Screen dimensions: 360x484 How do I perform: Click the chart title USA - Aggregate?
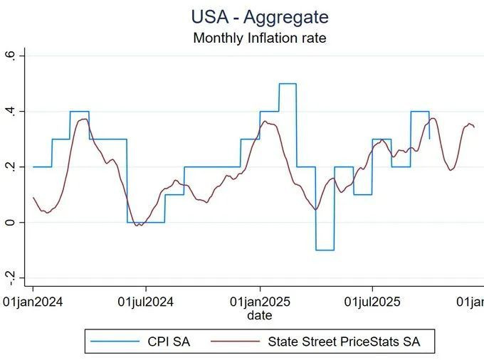click(x=260, y=16)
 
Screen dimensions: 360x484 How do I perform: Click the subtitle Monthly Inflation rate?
click(x=260, y=38)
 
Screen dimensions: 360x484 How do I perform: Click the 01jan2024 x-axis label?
click(x=33, y=302)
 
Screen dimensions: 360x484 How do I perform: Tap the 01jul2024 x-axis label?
click(x=146, y=302)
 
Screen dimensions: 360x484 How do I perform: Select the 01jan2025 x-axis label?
click(x=259, y=302)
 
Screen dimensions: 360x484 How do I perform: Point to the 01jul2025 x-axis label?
click(x=372, y=302)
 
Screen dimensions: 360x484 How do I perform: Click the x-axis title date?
click(x=259, y=314)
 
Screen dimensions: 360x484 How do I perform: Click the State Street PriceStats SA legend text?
click(x=344, y=342)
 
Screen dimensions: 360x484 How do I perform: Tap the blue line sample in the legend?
click(x=115, y=342)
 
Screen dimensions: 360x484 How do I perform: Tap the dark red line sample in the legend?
click(x=236, y=342)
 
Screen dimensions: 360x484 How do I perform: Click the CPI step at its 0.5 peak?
click(x=288, y=84)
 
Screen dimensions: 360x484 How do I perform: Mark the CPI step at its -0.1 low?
click(x=325, y=250)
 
